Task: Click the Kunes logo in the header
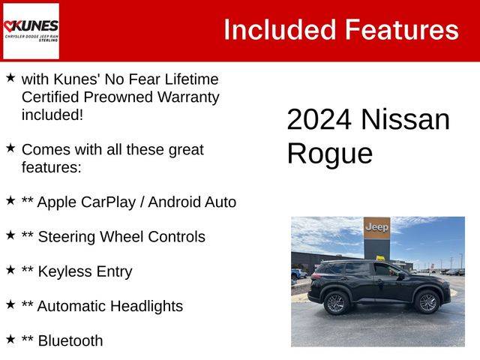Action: pyautogui.click(x=31, y=31)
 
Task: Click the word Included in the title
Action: pyautogui.click(x=280, y=30)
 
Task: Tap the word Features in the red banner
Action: pyautogui.click(x=402, y=30)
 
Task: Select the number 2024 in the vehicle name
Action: pyautogui.click(x=319, y=119)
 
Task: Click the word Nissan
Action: pyautogui.click(x=405, y=119)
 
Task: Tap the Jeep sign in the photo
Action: pyautogui.click(x=376, y=228)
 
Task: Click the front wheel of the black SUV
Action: pyautogui.click(x=427, y=302)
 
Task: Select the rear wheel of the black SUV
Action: pyautogui.click(x=336, y=303)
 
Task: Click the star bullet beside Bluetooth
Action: pyautogui.click(x=10, y=339)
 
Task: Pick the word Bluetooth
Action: pyautogui.click(x=70, y=340)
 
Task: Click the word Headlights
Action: pyautogui.click(x=146, y=307)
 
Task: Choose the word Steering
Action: pyautogui.click(x=67, y=238)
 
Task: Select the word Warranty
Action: pyautogui.click(x=188, y=98)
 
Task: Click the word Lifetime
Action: pyautogui.click(x=192, y=79)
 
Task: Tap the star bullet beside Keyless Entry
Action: pyautogui.click(x=10, y=270)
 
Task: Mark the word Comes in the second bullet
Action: pyautogui.click(x=46, y=150)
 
